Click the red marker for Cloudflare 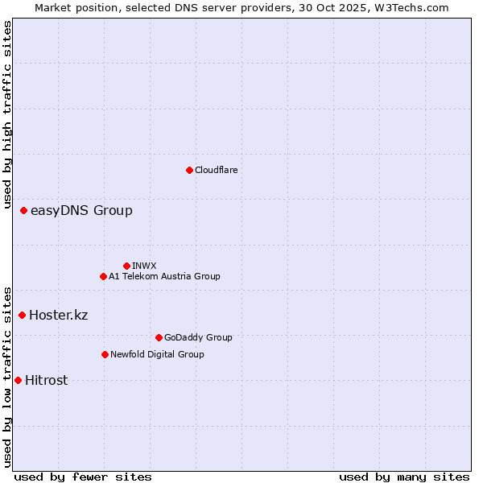coord(189,170)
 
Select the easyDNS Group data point coord(23,211)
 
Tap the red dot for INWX coord(126,266)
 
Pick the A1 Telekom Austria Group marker coord(103,276)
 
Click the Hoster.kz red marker coord(22,315)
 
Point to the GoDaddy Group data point coord(159,337)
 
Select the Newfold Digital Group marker coord(105,354)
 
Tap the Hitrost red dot coord(18,380)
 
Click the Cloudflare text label coord(217,170)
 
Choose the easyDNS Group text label coord(81,211)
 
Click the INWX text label coord(144,266)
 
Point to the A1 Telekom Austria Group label coord(164,276)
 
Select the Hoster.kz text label coord(58,315)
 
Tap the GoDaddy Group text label coord(198,337)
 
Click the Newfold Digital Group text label coord(157,354)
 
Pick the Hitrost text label coord(47,380)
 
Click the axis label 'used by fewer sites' coord(83,477)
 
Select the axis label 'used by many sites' coord(404,477)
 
